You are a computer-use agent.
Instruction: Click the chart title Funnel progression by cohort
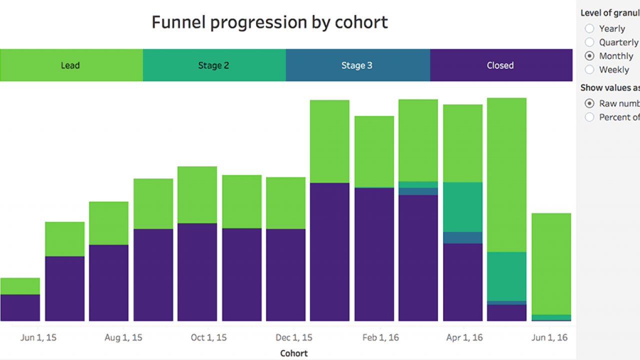click(269, 22)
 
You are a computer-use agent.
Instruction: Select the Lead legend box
click(71, 65)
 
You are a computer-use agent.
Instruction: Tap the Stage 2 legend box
click(214, 65)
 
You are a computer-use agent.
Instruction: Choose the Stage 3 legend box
click(357, 65)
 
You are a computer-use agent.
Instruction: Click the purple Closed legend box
click(500, 65)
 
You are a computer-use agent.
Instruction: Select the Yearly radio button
click(590, 28)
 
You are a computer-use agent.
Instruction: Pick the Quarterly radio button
click(590, 42)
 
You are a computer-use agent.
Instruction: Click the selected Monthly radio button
click(590, 56)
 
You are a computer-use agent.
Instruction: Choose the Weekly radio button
click(590, 69)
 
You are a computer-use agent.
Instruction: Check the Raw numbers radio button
click(590, 103)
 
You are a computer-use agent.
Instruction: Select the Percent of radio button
click(590, 117)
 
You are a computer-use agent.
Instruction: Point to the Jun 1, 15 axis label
click(38, 337)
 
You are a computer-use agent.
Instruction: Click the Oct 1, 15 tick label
click(208, 337)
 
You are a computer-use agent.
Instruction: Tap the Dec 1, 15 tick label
click(294, 337)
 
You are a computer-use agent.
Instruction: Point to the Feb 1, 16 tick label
click(380, 337)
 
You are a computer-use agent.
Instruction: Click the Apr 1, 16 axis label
click(464, 337)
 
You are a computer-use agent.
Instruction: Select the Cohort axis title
click(294, 353)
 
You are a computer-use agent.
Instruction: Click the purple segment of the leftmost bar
click(20, 307)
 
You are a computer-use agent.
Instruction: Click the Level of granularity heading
click(609, 13)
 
